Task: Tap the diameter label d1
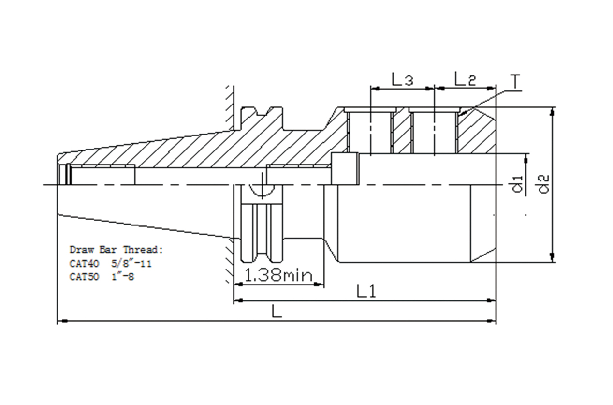[519, 184]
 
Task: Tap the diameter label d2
[545, 184]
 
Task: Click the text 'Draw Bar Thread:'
[117, 250]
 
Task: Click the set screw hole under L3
[371, 131]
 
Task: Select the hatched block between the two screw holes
[401, 131]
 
